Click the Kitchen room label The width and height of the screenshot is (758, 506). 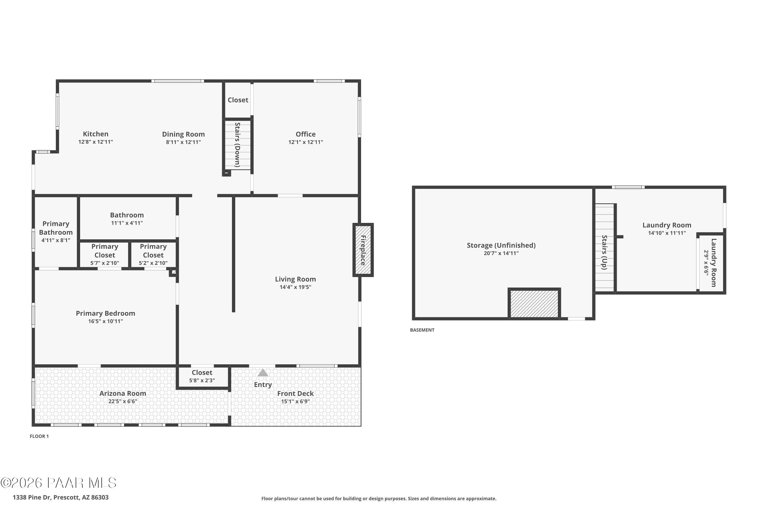click(x=96, y=134)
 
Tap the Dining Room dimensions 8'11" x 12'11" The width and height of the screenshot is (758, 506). click(x=183, y=142)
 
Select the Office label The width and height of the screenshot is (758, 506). click(x=305, y=134)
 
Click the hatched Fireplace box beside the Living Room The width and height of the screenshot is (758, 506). click(x=363, y=250)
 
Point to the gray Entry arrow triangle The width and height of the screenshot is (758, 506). click(x=263, y=373)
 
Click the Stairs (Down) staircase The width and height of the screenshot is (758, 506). click(x=238, y=144)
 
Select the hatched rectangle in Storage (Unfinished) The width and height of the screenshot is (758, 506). click(x=534, y=304)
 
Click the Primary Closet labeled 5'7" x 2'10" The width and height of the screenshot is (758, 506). click(x=105, y=255)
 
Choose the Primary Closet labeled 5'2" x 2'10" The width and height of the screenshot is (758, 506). click(x=153, y=255)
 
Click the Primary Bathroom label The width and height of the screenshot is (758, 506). click(x=56, y=228)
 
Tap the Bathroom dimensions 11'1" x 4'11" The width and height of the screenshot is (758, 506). click(x=127, y=223)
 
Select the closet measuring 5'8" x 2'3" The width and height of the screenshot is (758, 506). click(x=202, y=376)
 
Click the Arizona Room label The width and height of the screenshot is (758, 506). click(x=123, y=393)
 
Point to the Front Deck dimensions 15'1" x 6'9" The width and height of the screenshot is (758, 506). click(x=295, y=402)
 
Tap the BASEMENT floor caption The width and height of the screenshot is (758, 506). click(x=422, y=330)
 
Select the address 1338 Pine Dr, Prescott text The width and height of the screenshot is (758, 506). click(x=61, y=497)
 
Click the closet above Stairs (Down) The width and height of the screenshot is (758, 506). click(x=238, y=100)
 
